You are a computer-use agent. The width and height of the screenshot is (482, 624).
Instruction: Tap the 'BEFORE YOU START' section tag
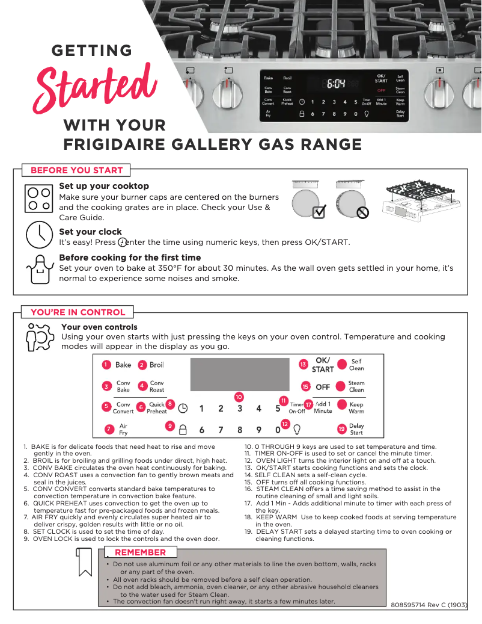76,170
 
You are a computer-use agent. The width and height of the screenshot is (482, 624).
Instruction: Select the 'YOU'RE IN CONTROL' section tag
78,312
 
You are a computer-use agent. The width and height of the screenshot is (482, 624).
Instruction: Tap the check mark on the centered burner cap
319,212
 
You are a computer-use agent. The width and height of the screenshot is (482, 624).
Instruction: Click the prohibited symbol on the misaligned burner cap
362,212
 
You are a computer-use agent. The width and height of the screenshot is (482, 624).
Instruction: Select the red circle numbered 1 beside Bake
106,365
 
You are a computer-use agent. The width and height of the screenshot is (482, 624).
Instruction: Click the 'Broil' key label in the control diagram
156,365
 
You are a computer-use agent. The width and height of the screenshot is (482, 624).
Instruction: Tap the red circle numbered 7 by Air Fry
109,429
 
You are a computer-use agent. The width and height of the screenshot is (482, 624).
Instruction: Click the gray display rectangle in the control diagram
240,375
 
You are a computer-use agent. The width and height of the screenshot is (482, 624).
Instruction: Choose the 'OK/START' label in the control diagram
323,365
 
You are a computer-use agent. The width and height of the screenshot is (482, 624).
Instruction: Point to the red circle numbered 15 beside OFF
305,386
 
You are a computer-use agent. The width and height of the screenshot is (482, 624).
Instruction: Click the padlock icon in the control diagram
183,430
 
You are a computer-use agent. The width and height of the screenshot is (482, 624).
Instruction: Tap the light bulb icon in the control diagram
297,430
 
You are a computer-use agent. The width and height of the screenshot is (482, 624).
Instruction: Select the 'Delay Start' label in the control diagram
356,429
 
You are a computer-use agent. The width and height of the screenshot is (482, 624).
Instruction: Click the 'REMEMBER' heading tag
140,552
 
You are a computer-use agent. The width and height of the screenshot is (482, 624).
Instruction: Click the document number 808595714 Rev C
429,605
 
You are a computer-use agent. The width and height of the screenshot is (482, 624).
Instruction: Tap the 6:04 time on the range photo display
335,84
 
